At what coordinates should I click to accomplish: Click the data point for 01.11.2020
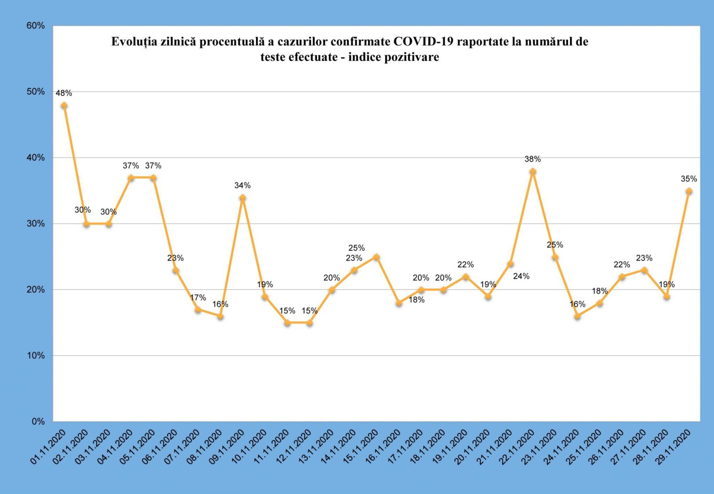coord(64,106)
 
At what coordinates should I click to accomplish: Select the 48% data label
coord(64,93)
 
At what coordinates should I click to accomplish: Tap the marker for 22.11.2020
coord(533,171)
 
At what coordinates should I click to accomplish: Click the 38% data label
coord(533,159)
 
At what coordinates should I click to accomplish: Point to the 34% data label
coord(242,185)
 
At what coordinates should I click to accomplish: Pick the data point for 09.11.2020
coord(242,198)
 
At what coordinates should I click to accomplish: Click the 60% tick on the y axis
coord(35,26)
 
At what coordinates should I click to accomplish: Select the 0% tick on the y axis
coord(38,421)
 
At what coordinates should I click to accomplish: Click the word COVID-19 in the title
coord(423,41)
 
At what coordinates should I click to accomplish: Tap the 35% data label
coord(689,179)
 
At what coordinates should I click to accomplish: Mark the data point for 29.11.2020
coord(689,191)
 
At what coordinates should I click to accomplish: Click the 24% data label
coord(521,276)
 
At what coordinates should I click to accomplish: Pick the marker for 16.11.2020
coord(399,303)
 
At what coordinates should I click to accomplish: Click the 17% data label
coord(198,298)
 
